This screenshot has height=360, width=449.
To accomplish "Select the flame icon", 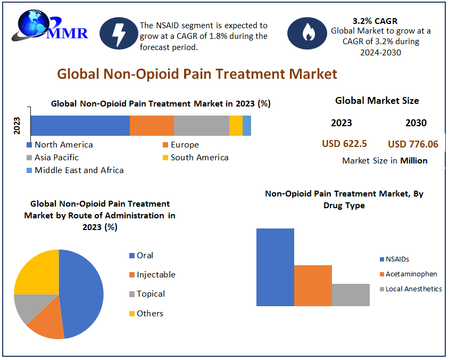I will [x=306, y=33].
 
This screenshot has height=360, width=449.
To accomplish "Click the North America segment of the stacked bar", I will [x=80, y=125].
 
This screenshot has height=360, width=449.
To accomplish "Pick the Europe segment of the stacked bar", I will [x=152, y=125].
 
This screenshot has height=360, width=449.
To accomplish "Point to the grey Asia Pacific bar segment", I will [x=201, y=125].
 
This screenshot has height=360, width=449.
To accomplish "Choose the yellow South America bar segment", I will [x=236, y=125].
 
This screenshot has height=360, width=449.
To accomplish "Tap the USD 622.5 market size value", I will [x=344, y=144].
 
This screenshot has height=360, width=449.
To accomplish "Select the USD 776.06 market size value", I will [x=413, y=144].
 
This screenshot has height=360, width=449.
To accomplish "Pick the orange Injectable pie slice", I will [x=48, y=322].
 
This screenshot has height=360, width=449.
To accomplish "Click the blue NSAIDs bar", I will [x=275, y=267].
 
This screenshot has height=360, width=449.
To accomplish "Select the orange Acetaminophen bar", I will [x=313, y=285].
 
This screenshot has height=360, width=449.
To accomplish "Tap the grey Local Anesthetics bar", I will [x=351, y=295].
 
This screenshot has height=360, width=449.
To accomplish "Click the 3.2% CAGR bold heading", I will [x=375, y=21].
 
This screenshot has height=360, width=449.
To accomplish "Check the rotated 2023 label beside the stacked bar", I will [x=17, y=126].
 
